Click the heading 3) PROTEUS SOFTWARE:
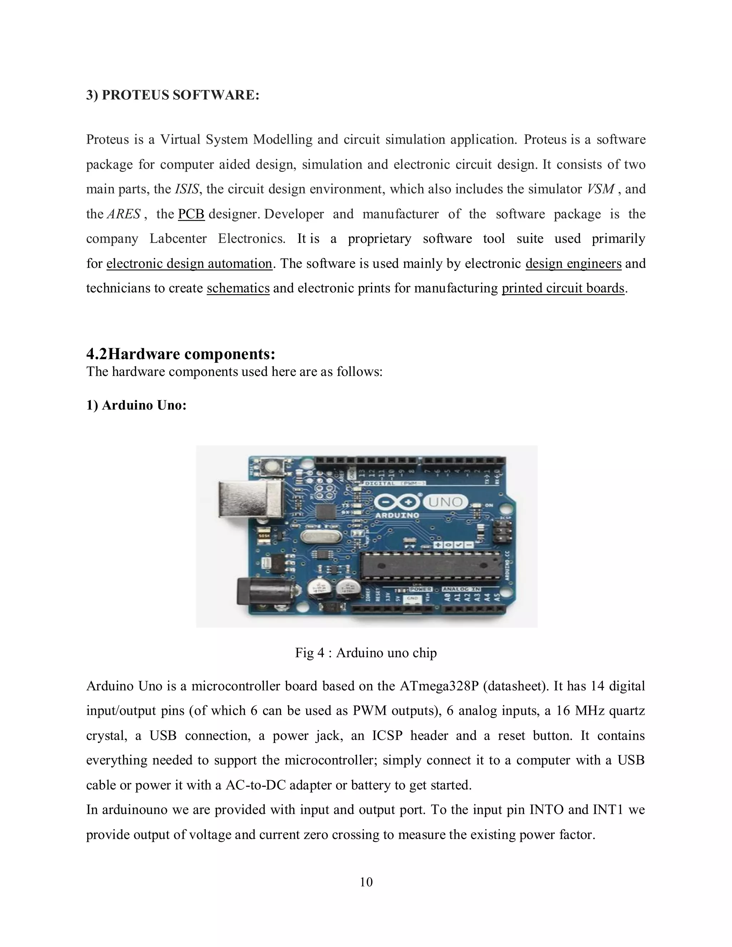tap(173, 95)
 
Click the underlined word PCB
tap(191, 214)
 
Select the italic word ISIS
tap(187, 189)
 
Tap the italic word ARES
tap(124, 214)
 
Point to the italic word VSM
tap(600, 189)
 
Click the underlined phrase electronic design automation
tap(189, 264)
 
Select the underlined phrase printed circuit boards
tap(563, 288)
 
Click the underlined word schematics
tap(238, 288)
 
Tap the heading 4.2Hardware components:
tap(181, 354)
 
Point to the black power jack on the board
tap(262, 591)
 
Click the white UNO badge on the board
tap(445, 502)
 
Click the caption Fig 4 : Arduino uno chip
tap(366, 653)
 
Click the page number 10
tap(366, 882)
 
